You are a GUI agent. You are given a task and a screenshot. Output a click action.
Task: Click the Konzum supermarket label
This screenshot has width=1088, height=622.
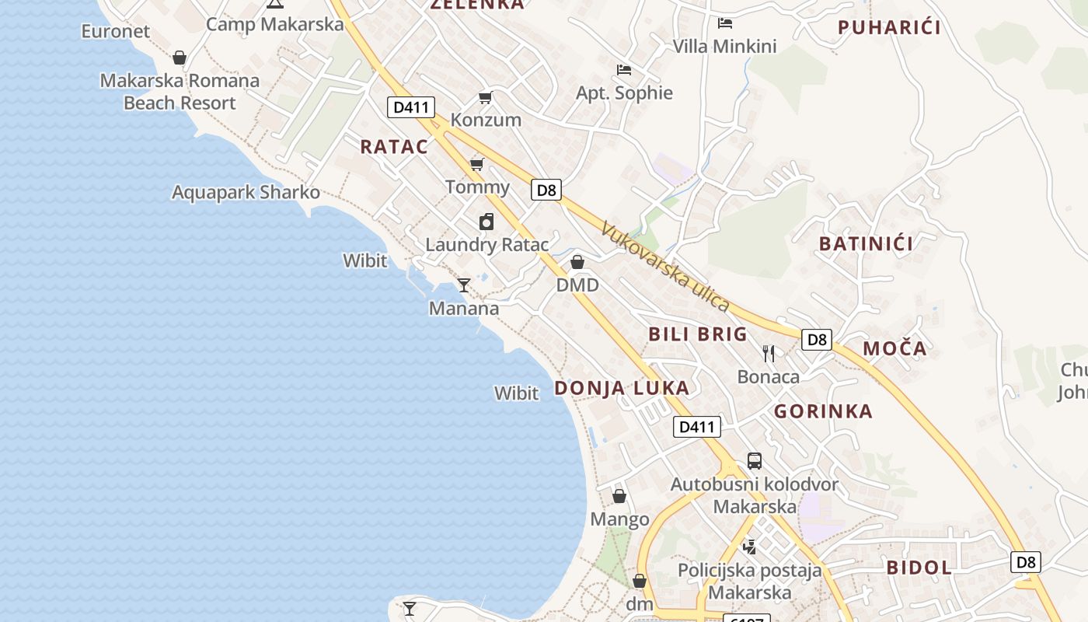pyautogui.click(x=486, y=120)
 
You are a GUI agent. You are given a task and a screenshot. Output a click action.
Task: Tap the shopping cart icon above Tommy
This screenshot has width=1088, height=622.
pyautogui.click(x=477, y=164)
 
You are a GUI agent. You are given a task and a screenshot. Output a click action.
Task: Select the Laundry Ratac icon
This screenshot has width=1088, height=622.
pyautogui.click(x=486, y=222)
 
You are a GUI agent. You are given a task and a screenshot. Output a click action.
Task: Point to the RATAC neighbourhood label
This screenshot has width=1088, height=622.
pyautogui.click(x=394, y=147)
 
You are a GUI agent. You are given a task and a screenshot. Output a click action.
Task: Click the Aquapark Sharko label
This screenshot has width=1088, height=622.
pyautogui.click(x=246, y=192)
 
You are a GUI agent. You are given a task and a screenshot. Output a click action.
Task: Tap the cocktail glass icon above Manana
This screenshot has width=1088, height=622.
pyautogui.click(x=464, y=285)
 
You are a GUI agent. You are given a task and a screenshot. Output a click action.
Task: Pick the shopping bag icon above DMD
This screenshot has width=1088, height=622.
pyautogui.click(x=577, y=262)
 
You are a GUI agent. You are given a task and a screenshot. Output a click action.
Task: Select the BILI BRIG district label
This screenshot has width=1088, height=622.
pyautogui.click(x=697, y=334)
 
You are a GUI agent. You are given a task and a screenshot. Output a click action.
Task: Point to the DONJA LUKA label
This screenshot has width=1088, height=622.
pyautogui.click(x=621, y=388)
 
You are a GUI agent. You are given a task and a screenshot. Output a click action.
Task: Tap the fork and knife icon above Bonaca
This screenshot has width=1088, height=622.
pyautogui.click(x=769, y=354)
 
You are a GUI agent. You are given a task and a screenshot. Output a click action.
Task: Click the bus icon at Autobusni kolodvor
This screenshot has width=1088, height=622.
pyautogui.click(x=754, y=461)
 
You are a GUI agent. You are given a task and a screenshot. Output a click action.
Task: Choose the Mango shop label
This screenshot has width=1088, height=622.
pyautogui.click(x=619, y=519)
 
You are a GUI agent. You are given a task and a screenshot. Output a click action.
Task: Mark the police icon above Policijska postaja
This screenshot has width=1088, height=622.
pyautogui.click(x=749, y=547)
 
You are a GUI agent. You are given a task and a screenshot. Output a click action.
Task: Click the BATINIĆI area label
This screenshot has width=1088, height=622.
pyautogui.click(x=866, y=243)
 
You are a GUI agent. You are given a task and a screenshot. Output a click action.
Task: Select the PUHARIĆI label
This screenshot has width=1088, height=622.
pyautogui.click(x=889, y=28)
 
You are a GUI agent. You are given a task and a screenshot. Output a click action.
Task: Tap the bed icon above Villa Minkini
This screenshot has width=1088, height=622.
pyautogui.click(x=725, y=23)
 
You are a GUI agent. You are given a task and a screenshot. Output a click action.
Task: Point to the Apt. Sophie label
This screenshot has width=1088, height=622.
pyautogui.click(x=624, y=93)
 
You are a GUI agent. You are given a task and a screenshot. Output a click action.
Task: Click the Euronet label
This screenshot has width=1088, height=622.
pyautogui.click(x=115, y=31)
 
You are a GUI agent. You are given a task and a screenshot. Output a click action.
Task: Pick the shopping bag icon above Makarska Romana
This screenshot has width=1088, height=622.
pyautogui.click(x=180, y=58)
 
